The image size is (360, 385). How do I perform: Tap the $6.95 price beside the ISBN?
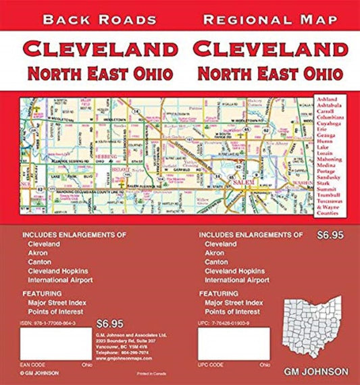point(110,322)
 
